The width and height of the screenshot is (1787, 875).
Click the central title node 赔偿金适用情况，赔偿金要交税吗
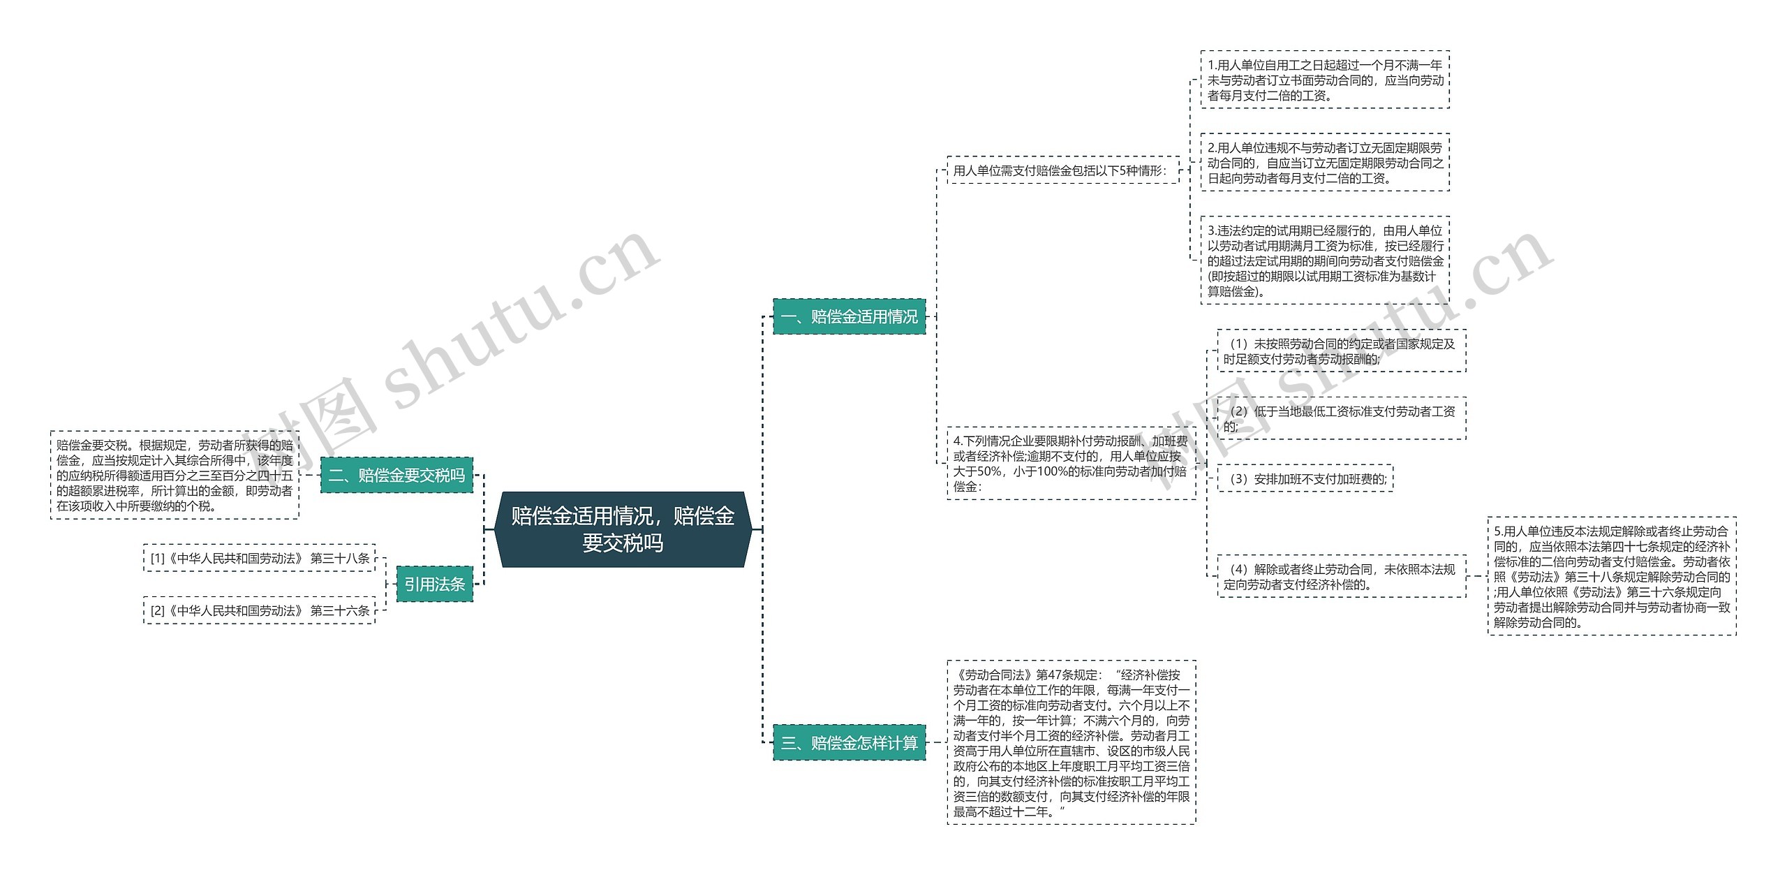[x=623, y=529]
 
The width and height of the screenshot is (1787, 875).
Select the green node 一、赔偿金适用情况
[x=849, y=316]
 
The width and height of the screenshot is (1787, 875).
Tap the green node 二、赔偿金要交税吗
[x=396, y=476]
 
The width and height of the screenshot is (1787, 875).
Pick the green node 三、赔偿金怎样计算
[x=849, y=742]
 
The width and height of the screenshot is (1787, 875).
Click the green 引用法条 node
[x=434, y=584]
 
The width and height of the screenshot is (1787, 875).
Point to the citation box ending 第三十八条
[x=260, y=558]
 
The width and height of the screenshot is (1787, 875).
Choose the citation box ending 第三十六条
[x=260, y=610]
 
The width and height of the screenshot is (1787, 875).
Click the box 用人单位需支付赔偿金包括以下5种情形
[x=1062, y=170]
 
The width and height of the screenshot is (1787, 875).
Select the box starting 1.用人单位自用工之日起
[x=1324, y=80]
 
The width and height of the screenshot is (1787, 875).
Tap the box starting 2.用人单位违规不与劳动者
[x=1324, y=162]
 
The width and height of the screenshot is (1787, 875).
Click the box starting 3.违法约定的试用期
[x=1324, y=260]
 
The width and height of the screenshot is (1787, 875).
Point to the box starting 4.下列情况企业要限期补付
[x=1070, y=463]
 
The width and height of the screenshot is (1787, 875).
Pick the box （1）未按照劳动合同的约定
[x=1341, y=351]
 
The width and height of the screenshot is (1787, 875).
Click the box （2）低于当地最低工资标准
[x=1341, y=418]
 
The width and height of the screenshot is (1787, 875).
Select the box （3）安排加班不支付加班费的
[x=1305, y=478]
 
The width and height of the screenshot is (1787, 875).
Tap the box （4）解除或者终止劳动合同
[x=1341, y=577]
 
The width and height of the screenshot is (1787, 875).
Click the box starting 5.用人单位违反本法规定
[x=1611, y=576]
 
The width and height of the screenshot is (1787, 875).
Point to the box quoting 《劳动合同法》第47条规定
[x=1071, y=742]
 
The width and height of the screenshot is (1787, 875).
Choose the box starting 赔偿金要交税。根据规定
[x=175, y=475]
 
